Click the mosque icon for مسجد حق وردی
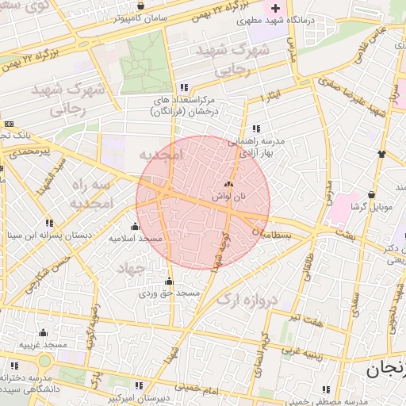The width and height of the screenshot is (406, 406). pos(169,281)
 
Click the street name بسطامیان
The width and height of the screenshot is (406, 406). pos(273,235)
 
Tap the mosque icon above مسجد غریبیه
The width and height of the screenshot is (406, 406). pos(44,333)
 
